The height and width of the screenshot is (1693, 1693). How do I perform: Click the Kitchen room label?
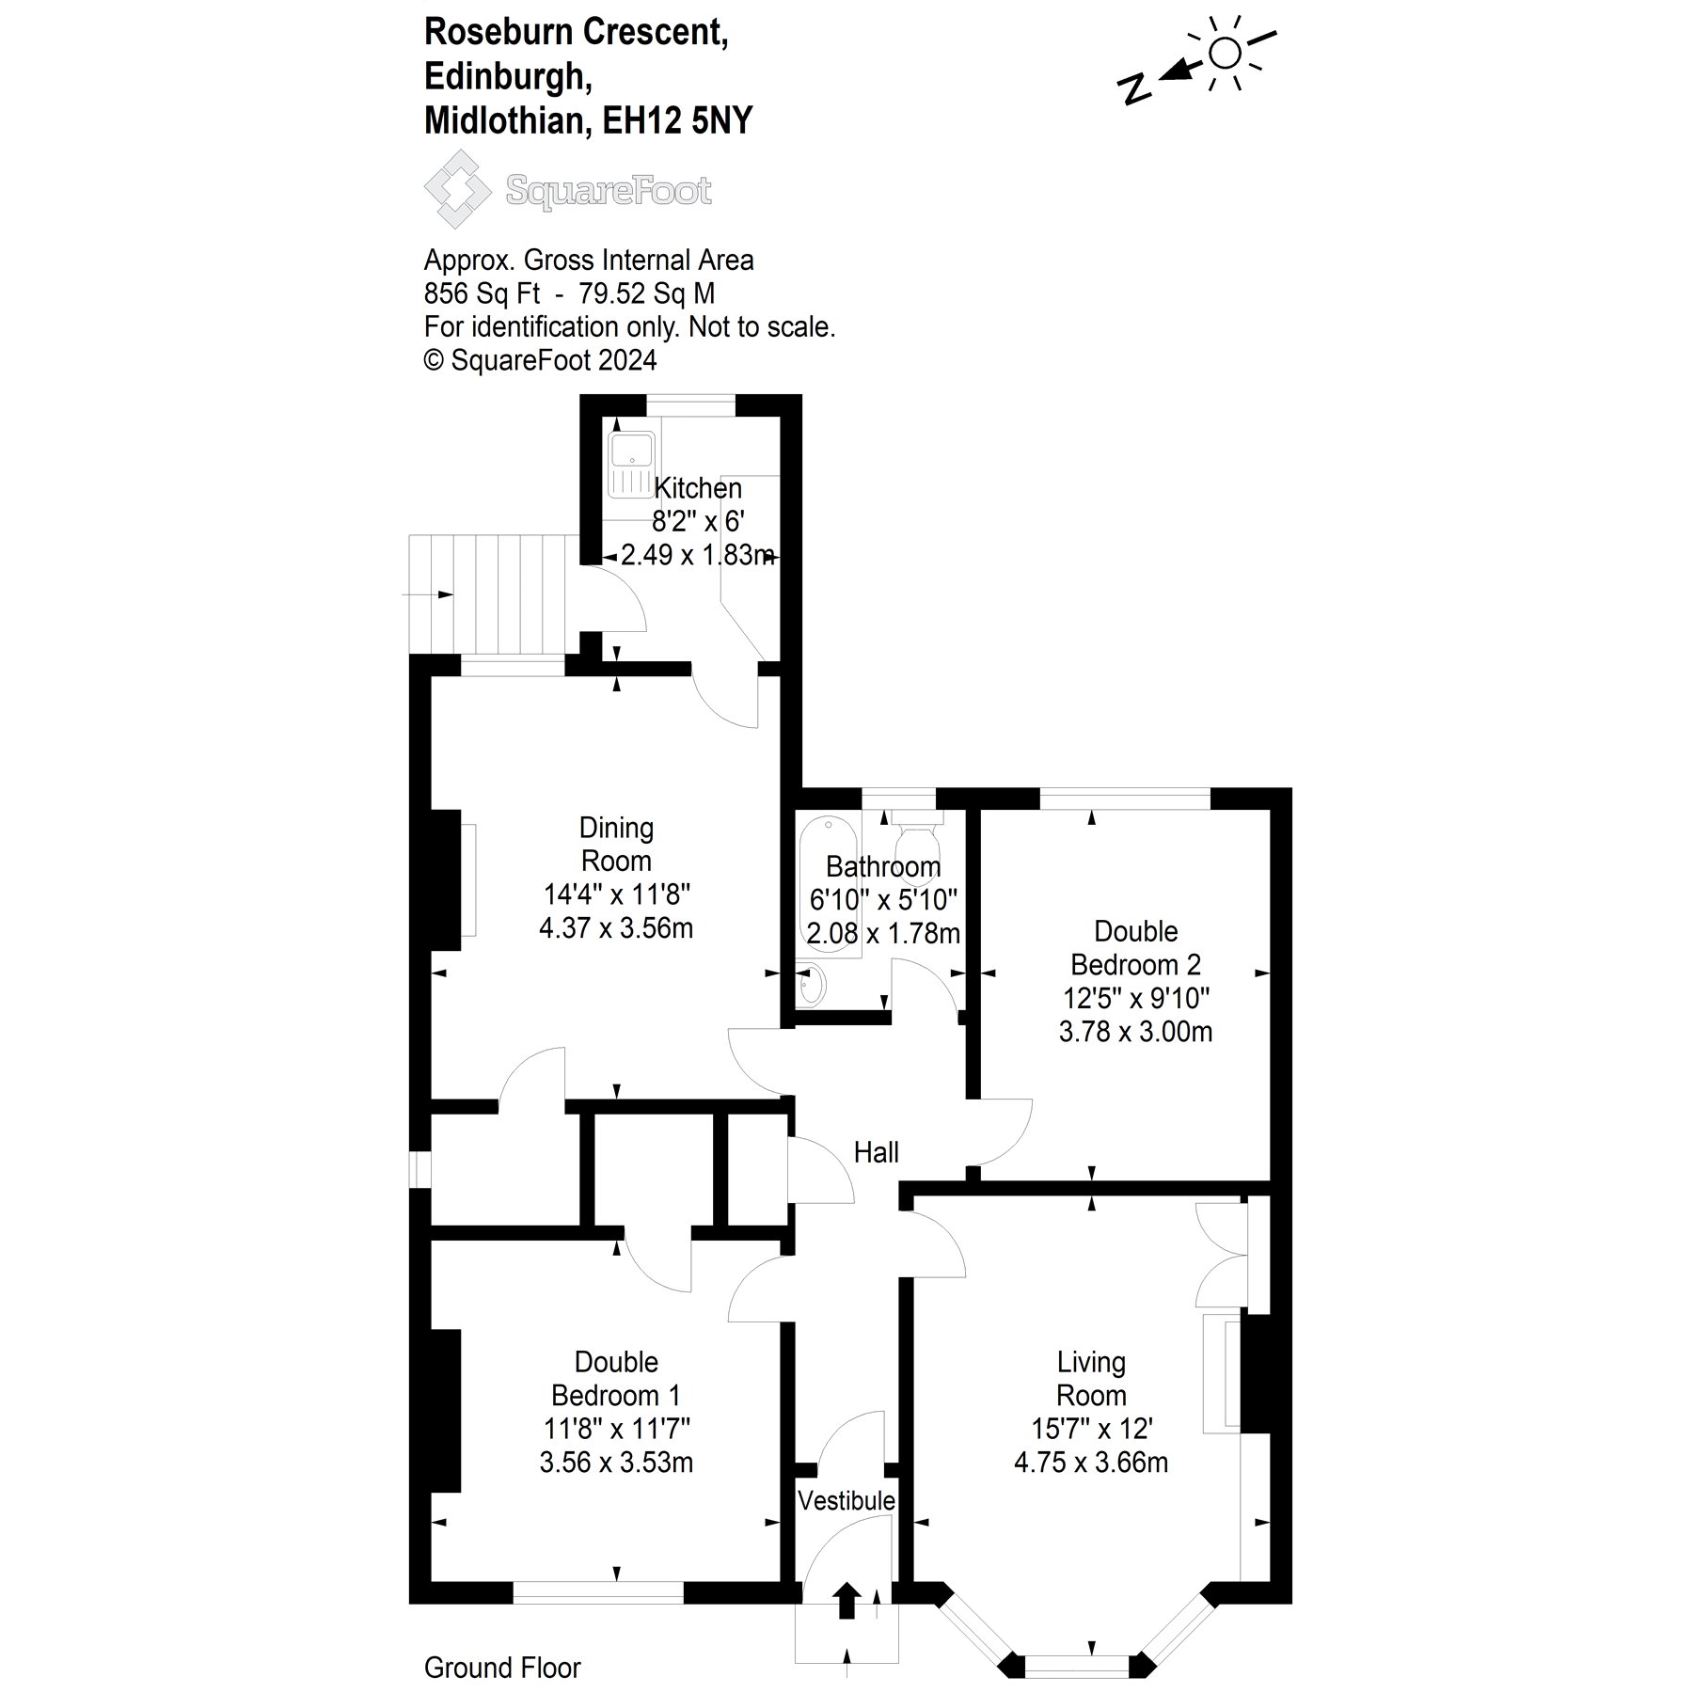point(698,488)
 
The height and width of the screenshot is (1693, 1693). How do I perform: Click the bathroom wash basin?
point(810,986)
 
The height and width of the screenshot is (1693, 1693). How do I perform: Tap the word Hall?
point(876,1152)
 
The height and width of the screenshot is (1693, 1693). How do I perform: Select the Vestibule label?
point(846,1526)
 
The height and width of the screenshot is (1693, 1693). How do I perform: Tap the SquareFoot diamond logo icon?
point(457,189)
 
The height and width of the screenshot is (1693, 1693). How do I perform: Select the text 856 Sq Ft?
point(482,293)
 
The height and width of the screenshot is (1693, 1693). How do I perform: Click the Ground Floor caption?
point(502,1668)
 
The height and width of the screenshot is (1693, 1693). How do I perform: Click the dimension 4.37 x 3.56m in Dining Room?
point(616,928)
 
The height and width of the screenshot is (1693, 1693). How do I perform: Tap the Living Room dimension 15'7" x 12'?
point(1091,1429)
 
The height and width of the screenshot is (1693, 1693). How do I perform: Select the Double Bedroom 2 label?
point(1136,948)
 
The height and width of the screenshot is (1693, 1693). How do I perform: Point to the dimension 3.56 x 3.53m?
point(616,1463)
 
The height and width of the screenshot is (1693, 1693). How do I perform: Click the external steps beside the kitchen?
point(485,593)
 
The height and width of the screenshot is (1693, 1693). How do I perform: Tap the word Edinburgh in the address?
point(508,77)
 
